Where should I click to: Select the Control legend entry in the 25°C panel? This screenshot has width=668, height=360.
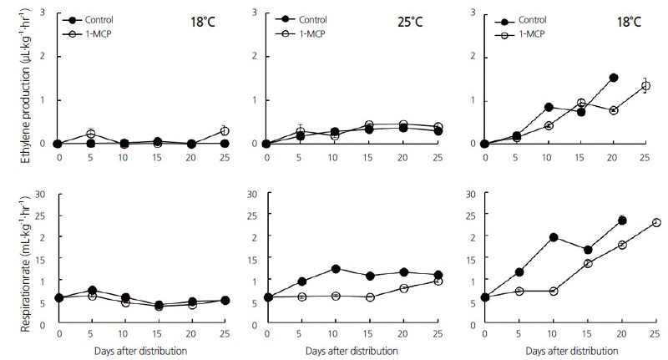[x=309, y=18]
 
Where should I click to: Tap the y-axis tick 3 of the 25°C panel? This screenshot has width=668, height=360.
[x=255, y=13]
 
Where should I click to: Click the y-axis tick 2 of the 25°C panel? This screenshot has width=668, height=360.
[x=255, y=57]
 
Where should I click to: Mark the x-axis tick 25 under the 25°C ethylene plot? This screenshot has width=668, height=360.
[x=438, y=154]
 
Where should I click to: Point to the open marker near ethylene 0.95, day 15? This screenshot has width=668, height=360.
[x=581, y=103]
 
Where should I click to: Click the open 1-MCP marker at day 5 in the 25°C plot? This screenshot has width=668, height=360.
[x=300, y=132]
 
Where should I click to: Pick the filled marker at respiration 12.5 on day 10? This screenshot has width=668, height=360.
[x=335, y=269]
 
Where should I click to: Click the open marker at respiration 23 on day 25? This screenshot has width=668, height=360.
[x=656, y=222]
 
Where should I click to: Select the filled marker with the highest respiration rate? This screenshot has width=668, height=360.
[x=622, y=221]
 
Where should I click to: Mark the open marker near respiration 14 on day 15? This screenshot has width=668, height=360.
[x=588, y=263]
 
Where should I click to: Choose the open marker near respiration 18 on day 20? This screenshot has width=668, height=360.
[x=622, y=245]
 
